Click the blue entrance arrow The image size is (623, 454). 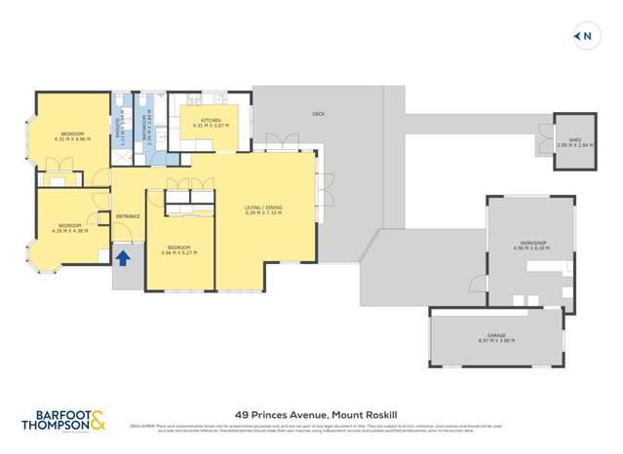124,258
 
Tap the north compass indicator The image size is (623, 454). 584,37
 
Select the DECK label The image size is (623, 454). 318,114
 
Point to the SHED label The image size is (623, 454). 575,139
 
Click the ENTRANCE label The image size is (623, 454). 128,215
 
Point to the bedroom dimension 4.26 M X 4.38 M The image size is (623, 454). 70,231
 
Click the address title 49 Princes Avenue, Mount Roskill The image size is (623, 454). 311,412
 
